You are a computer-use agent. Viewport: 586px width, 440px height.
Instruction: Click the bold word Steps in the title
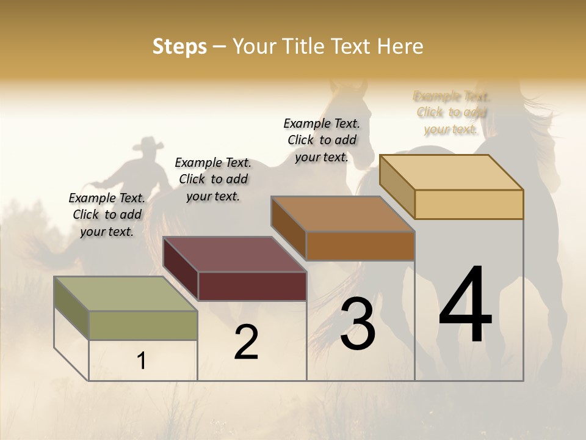click(179, 46)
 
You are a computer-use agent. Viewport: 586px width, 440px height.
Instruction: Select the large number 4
click(465, 306)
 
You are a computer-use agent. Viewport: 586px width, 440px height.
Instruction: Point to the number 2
click(246, 342)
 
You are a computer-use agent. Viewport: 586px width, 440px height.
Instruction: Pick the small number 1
click(141, 361)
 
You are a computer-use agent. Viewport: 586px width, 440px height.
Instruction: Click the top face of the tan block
click(451, 172)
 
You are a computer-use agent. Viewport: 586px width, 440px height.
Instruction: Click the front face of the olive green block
click(143, 325)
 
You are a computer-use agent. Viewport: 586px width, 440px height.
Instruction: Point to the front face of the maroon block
click(252, 286)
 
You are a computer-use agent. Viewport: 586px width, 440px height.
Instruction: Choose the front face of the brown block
click(360, 246)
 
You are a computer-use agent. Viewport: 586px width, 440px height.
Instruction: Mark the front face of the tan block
click(469, 204)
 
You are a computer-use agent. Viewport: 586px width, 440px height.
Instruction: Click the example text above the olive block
click(107, 215)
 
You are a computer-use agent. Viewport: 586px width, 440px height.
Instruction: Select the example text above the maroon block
click(213, 179)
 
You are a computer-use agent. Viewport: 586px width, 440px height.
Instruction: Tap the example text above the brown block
click(322, 140)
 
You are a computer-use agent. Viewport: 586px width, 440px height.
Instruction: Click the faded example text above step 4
click(451, 112)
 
